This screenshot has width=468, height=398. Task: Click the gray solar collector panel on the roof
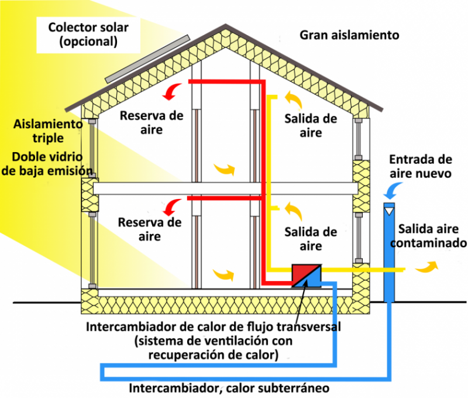click(147, 58)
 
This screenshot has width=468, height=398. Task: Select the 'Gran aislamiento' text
click(349, 35)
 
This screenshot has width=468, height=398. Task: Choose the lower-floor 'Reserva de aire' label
click(150, 229)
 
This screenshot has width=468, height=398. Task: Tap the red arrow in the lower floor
click(172, 207)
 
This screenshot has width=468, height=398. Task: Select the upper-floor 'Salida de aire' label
click(311, 125)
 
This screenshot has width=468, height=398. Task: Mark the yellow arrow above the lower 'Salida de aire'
click(291, 208)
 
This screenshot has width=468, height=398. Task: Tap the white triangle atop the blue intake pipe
click(390, 207)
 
